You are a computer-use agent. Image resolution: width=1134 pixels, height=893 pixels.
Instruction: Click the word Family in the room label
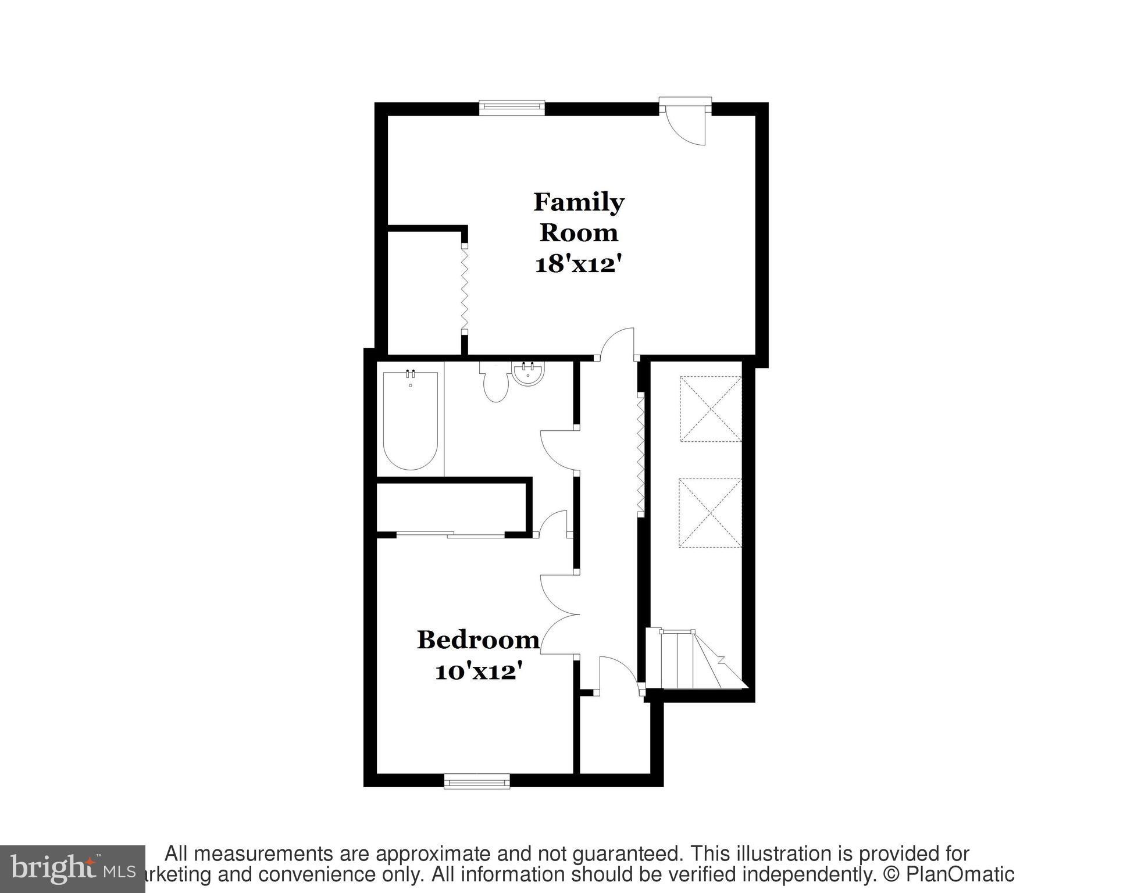pos(578,202)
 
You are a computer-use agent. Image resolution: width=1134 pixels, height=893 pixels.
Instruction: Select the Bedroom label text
pos(478,640)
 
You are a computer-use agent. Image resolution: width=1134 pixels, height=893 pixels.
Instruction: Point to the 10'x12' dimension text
pos(476,673)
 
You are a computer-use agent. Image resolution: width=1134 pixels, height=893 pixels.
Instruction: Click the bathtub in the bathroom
pos(411,420)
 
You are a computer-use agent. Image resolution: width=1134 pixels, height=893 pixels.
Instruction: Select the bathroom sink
pos(528,373)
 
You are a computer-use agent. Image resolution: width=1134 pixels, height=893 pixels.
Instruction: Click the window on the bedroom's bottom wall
pos(477,781)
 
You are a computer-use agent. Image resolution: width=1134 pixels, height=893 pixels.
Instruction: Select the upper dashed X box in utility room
pos(711,409)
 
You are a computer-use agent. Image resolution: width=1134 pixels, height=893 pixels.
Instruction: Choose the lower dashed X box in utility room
pos(710,513)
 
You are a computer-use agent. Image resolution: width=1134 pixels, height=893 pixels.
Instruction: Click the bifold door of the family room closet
pos(465,289)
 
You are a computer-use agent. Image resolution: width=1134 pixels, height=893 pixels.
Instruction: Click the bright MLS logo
pos(72,869)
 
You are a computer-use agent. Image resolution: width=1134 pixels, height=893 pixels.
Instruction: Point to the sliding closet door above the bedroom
pos(451,534)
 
